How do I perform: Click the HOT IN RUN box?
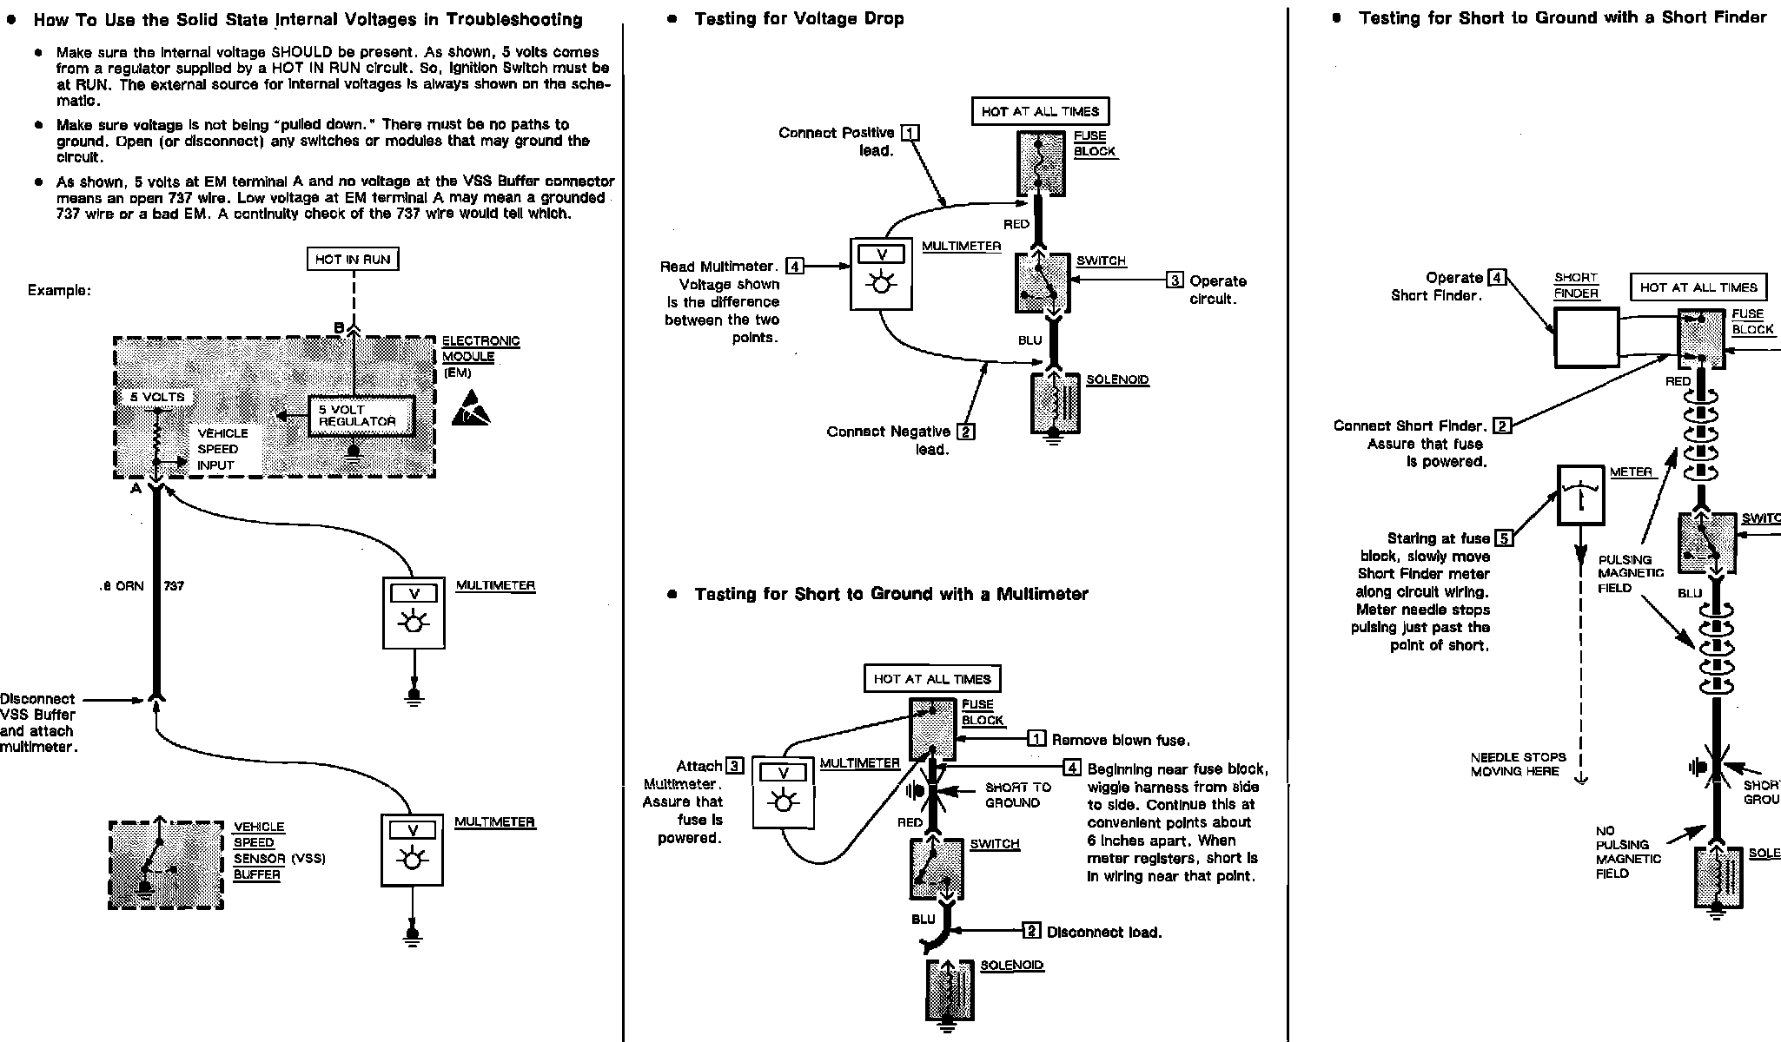pyautogui.click(x=353, y=259)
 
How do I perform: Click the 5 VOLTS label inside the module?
pyautogui.click(x=157, y=397)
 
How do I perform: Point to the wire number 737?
pyautogui.click(x=174, y=586)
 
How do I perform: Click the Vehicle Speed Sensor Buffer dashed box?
pyautogui.click(x=165, y=865)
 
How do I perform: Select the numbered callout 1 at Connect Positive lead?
pyautogui.click(x=910, y=133)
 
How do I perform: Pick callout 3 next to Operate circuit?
pyautogui.click(x=1175, y=280)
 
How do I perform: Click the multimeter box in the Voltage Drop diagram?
pyautogui.click(x=881, y=274)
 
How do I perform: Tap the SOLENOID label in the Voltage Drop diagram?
pyautogui.click(x=1117, y=380)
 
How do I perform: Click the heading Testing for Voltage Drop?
pyautogui.click(x=798, y=18)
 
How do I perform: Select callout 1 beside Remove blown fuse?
pyautogui.click(x=1036, y=739)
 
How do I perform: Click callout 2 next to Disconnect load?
pyautogui.click(x=1031, y=931)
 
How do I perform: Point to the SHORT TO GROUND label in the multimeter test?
pyautogui.click(x=1017, y=795)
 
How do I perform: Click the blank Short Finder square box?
pyautogui.click(x=1586, y=337)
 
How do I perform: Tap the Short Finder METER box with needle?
pyautogui.click(x=1580, y=495)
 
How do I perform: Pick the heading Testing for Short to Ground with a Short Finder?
pyautogui.click(x=1562, y=17)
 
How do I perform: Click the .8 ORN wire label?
pyautogui.click(x=122, y=586)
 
